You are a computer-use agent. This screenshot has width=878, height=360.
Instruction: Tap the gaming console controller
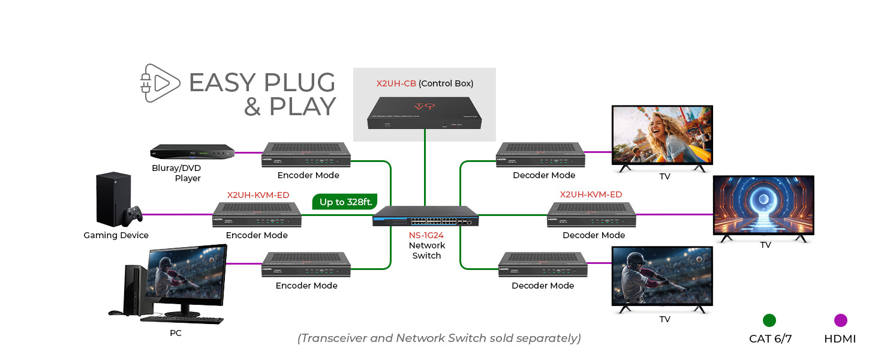click(132, 214)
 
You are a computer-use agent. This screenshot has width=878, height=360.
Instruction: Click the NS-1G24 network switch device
click(425, 216)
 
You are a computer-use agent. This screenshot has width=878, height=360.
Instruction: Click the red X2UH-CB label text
click(396, 83)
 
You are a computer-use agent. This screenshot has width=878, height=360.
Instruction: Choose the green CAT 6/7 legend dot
click(769, 320)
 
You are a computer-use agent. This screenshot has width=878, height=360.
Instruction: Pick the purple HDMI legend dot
click(840, 320)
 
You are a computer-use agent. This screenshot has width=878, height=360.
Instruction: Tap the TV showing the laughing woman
click(661, 136)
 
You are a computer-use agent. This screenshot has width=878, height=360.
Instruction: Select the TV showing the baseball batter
click(661, 277)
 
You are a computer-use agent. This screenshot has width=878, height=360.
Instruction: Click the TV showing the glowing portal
click(763, 206)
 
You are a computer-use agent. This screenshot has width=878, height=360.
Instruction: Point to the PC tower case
click(134, 289)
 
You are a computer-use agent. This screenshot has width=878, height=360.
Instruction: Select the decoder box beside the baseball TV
click(543, 265)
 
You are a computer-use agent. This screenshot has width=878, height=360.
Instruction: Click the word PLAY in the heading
click(302, 107)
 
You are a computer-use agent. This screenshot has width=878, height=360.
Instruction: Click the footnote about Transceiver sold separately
click(439, 338)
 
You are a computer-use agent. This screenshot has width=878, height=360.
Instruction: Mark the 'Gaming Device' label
click(116, 235)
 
